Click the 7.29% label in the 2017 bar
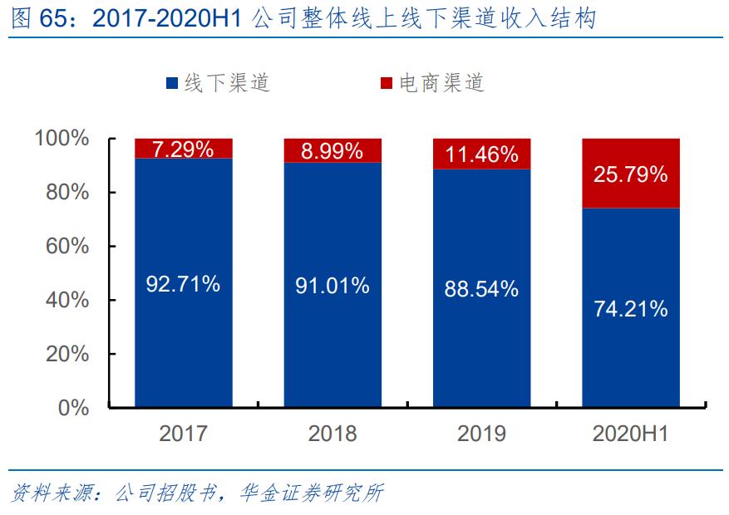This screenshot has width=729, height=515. click(x=183, y=149)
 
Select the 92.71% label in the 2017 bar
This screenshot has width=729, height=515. click(x=183, y=284)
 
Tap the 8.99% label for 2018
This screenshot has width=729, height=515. click(x=332, y=150)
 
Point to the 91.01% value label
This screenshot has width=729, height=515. click(x=332, y=286)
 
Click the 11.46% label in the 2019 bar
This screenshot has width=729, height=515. click(x=482, y=154)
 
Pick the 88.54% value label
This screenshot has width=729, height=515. click(x=482, y=289)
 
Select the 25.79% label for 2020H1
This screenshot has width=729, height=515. click(x=631, y=174)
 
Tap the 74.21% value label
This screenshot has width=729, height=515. click(x=631, y=309)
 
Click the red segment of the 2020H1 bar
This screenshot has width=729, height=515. click(x=631, y=196)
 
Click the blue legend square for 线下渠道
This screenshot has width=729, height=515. click(x=172, y=84)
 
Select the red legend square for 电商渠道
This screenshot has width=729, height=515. click(x=387, y=84)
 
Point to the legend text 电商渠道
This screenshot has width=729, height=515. click(x=441, y=83)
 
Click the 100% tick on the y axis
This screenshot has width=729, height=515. click(x=62, y=138)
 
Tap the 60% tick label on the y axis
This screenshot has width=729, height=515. click(x=68, y=246)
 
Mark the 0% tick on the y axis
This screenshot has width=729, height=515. click(x=75, y=407)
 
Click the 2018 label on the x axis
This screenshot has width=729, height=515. click(x=332, y=434)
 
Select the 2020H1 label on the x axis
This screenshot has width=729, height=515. click(x=631, y=434)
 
